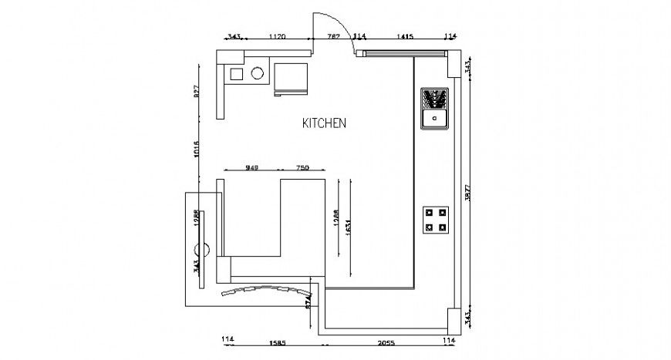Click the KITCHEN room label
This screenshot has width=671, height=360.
(324, 123)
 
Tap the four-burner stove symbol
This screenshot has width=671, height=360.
(436, 219)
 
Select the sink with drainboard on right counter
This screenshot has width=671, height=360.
(435, 109)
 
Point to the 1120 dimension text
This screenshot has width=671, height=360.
(277, 36)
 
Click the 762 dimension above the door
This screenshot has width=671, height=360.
(334, 36)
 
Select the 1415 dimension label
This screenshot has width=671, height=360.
(405, 36)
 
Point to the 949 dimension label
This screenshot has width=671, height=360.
(251, 167)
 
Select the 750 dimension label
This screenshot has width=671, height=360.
(302, 167)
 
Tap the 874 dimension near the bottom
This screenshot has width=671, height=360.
(309, 300)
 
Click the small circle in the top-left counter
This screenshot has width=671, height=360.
(258, 74)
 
